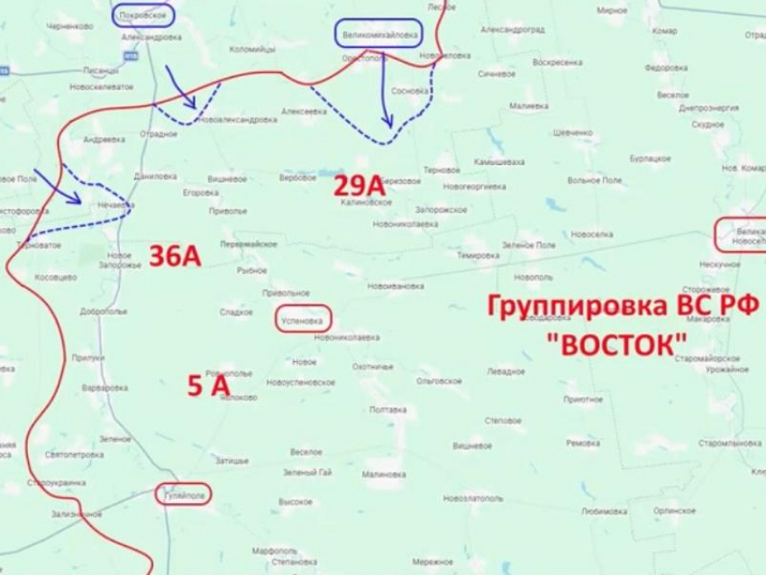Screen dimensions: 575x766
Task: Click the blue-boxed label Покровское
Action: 144,15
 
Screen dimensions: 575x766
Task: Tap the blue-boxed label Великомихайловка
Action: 377,35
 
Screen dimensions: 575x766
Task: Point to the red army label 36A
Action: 174,256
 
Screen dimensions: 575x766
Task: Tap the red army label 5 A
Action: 208,386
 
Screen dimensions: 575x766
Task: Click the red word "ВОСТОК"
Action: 621,343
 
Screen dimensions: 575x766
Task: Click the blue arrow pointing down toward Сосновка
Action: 385,90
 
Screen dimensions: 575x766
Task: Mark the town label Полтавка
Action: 388,410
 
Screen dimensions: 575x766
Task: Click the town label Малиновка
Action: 383,473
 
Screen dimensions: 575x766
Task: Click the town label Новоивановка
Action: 396,286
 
